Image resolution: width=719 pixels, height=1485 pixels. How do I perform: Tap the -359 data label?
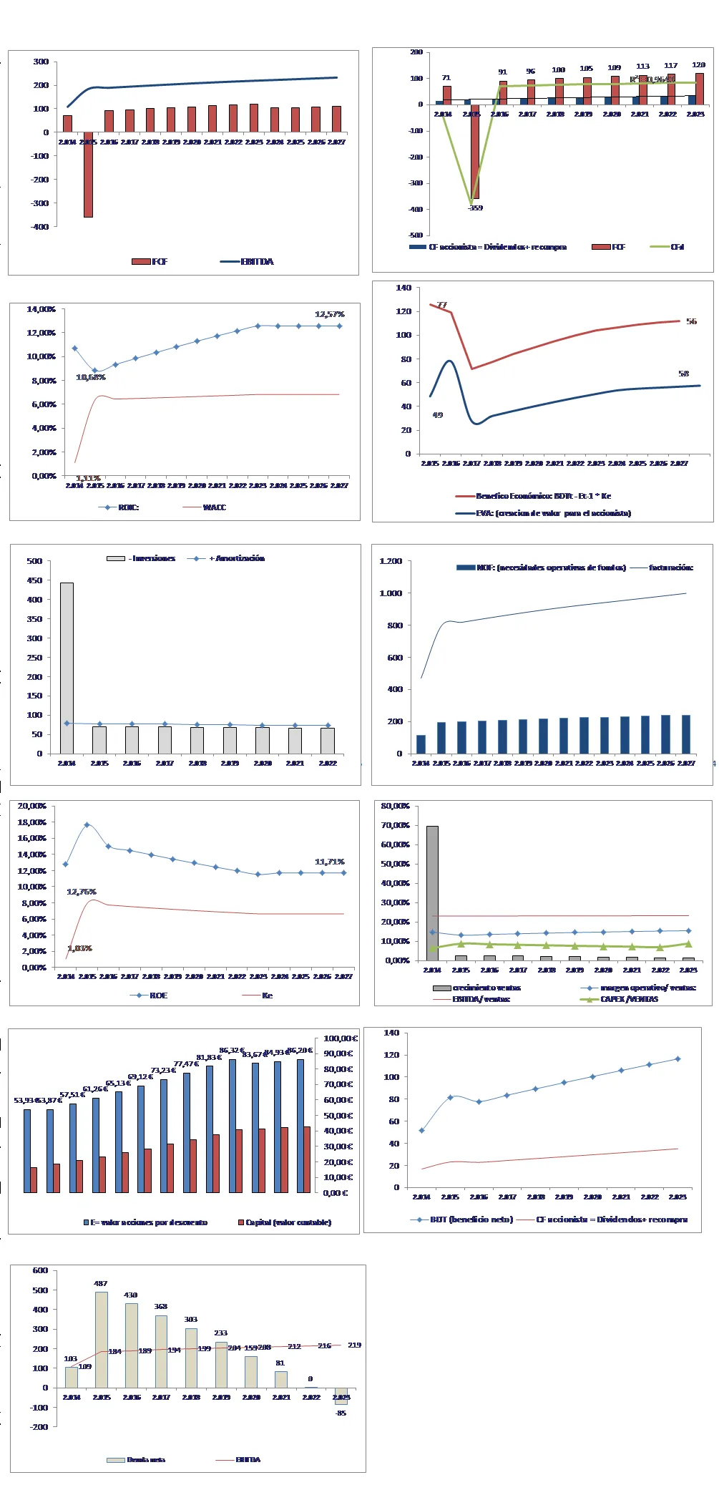coord(475,208)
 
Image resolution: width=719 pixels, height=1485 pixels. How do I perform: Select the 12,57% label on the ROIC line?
coord(329,314)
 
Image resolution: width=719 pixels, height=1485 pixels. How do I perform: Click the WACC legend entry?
coord(214,507)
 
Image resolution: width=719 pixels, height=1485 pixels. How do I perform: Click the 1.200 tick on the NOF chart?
coord(391,561)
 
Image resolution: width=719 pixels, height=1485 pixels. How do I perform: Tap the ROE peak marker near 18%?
coord(87,825)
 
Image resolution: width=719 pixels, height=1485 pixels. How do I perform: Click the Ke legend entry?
coord(267,995)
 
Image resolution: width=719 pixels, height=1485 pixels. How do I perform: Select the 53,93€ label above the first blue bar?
coord(26,1100)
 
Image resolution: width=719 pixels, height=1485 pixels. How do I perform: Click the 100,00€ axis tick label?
coord(340,1038)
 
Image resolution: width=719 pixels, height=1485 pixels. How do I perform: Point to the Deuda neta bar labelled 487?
coord(101,1339)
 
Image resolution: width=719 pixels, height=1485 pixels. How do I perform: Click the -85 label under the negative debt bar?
coord(341,1413)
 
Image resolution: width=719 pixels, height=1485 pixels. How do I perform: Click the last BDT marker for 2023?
coord(678,1059)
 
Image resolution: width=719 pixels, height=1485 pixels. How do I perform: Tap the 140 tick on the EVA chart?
coord(403,288)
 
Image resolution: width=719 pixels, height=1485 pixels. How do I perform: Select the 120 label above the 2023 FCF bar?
coord(698,65)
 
